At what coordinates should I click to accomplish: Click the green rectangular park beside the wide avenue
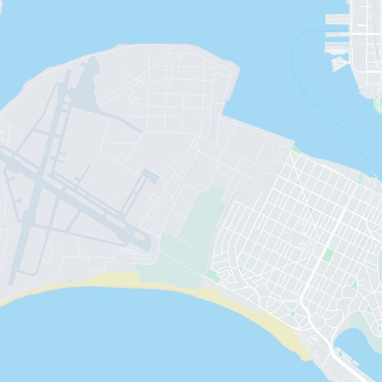tap(328, 255)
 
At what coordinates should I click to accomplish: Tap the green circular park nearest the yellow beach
tap(292, 313)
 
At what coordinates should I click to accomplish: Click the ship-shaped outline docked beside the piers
tap(340, 64)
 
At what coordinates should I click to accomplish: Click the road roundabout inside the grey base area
tap(194, 145)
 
